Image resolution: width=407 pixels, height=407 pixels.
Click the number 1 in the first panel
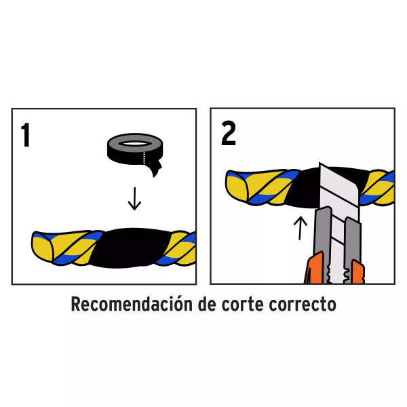(x=26, y=136)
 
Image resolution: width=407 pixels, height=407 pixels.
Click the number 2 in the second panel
(x=229, y=135)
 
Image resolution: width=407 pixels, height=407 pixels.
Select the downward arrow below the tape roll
(x=135, y=199)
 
